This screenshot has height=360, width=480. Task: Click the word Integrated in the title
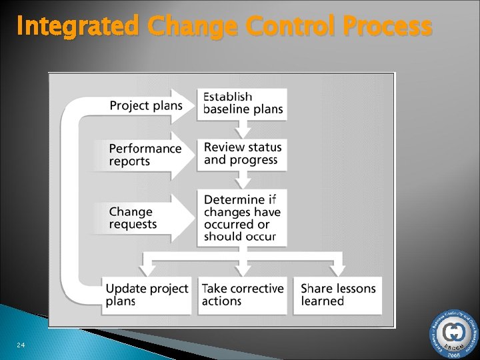[77, 27]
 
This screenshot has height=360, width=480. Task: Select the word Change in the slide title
[193, 27]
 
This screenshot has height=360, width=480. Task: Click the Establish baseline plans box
[243, 103]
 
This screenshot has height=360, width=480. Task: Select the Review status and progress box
[243, 154]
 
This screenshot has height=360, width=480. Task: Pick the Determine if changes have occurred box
[243, 218]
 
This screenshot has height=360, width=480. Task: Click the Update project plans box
[147, 295]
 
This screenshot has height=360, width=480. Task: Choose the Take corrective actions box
[243, 295]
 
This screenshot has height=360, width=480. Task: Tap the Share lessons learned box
[338, 295]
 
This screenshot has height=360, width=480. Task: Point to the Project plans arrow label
[145, 105]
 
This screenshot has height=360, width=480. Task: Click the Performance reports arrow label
[145, 155]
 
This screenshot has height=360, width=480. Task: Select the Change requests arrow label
[133, 218]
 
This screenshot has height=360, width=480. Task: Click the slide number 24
[21, 345]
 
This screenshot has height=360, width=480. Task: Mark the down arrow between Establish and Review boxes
[243, 129]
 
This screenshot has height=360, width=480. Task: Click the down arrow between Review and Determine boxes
[243, 179]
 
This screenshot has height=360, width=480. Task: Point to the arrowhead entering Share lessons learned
[338, 269]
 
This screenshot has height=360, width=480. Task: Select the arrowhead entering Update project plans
[147, 269]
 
